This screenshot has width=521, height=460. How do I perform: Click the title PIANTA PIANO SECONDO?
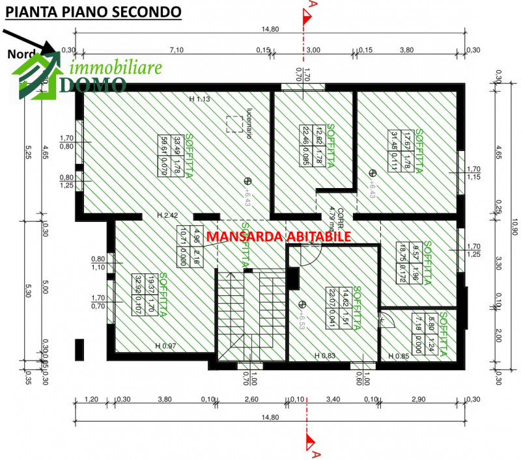click(x=92, y=12)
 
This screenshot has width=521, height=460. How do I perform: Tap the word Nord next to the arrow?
click(x=21, y=55)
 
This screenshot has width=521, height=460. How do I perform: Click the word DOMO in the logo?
click(x=94, y=84)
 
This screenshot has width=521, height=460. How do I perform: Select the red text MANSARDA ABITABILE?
click(x=279, y=237)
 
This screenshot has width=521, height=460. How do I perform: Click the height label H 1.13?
click(x=199, y=99)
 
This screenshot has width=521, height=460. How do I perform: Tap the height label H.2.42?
click(x=167, y=215)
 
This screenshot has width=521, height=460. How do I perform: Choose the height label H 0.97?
click(x=165, y=345)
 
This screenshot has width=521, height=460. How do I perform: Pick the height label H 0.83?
click(x=324, y=356)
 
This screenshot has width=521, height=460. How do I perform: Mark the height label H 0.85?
click(x=398, y=356)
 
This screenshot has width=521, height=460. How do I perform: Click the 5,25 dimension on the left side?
click(x=29, y=152)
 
